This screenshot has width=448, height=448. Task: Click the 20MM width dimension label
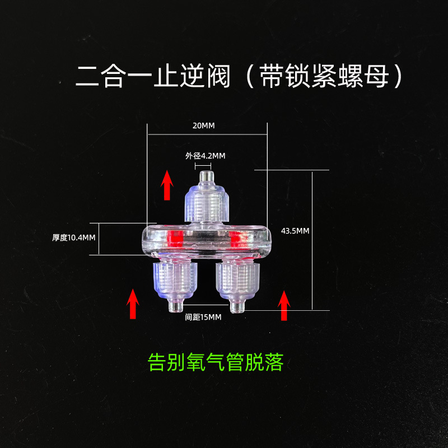203,126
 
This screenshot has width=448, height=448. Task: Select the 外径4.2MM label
206,156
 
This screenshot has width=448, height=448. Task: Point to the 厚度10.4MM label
74,237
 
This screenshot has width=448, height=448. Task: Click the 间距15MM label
203,317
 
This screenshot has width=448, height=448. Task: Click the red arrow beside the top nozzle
167,186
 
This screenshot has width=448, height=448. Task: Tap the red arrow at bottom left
133,304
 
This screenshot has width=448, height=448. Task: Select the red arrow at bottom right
284,306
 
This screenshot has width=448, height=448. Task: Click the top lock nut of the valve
206,205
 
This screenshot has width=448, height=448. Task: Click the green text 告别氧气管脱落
216,362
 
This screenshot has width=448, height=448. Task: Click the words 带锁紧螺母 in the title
324,76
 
